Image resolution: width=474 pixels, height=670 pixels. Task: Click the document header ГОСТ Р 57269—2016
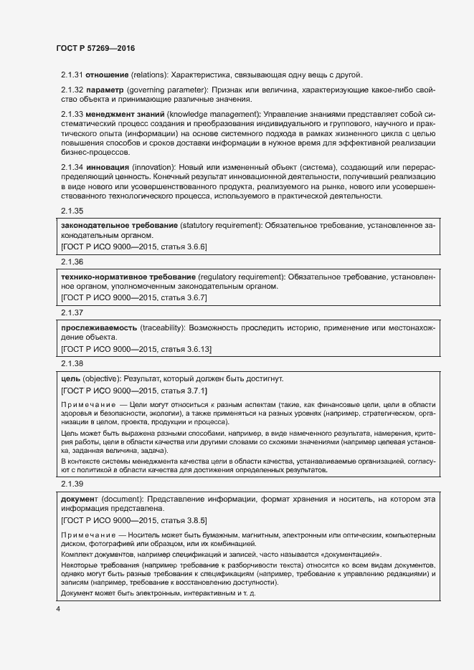click(95, 48)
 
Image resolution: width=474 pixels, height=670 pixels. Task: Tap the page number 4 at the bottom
click(57, 609)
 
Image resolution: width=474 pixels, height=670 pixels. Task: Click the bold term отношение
click(108, 75)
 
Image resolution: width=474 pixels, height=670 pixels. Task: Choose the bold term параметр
click(105, 90)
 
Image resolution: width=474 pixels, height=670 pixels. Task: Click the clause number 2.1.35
click(72, 211)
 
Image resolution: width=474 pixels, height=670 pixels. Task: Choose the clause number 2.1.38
click(72, 364)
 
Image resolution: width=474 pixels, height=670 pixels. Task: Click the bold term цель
click(72, 378)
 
